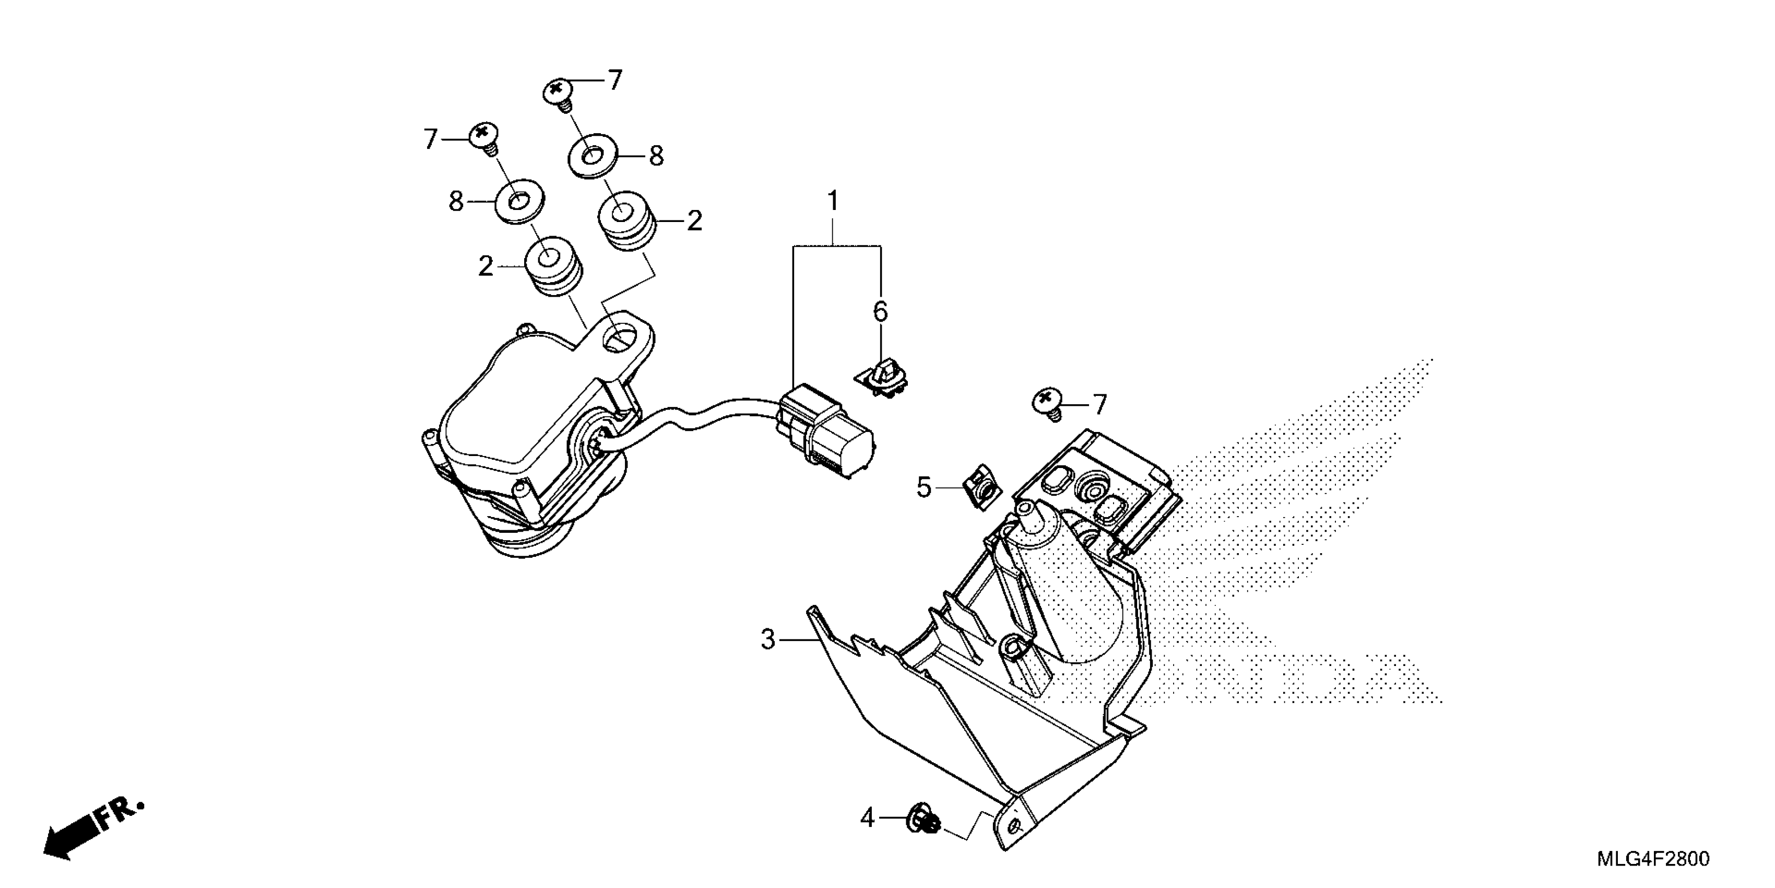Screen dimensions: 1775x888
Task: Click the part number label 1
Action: point(833,201)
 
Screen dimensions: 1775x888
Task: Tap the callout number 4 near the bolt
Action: point(867,819)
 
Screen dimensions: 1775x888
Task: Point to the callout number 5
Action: point(924,488)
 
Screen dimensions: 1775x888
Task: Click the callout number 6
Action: point(881,312)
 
